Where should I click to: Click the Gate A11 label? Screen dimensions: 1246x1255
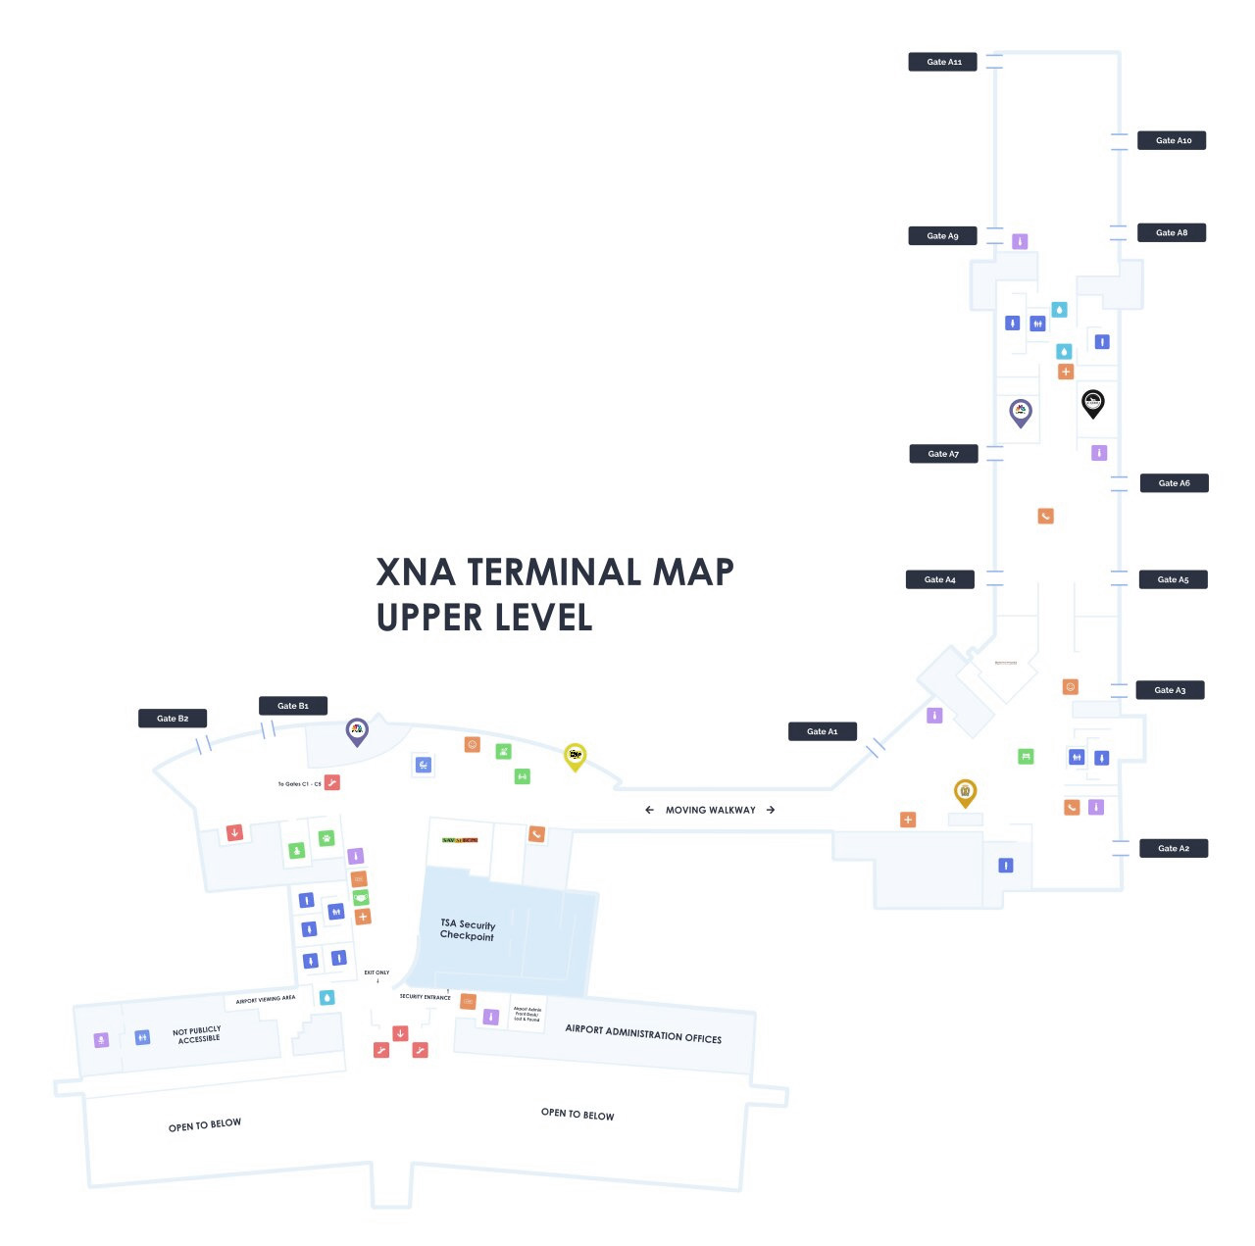click(x=943, y=62)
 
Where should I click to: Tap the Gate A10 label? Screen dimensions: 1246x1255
click(x=1172, y=140)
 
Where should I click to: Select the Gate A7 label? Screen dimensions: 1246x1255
click(x=942, y=454)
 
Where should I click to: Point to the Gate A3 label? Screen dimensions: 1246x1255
click(x=1170, y=690)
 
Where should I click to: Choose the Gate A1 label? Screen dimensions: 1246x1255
click(x=822, y=731)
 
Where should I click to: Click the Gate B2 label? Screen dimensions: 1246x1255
click(x=173, y=719)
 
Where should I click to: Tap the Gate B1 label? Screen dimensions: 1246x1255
click(x=292, y=706)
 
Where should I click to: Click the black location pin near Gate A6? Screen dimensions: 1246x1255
click(x=1092, y=402)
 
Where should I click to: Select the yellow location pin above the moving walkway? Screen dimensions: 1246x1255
click(x=575, y=756)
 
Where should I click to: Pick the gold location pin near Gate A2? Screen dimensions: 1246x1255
click(x=965, y=792)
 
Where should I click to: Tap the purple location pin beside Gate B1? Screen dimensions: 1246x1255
click(x=357, y=730)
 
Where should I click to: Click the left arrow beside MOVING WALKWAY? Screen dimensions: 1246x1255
click(x=649, y=810)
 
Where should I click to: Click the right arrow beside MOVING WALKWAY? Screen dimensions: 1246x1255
click(x=771, y=810)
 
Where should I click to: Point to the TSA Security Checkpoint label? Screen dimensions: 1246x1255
click(x=468, y=930)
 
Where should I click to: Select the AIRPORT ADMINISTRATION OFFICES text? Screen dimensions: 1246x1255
click(x=643, y=1033)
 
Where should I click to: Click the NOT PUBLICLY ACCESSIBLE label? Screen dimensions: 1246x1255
click(x=197, y=1035)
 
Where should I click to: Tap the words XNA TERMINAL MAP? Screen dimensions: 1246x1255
click(x=555, y=572)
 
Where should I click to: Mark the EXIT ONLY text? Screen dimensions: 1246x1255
click(x=376, y=972)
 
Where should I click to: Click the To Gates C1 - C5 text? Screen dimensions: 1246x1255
click(x=299, y=784)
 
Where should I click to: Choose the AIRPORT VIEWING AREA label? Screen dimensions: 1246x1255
click(x=265, y=999)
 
